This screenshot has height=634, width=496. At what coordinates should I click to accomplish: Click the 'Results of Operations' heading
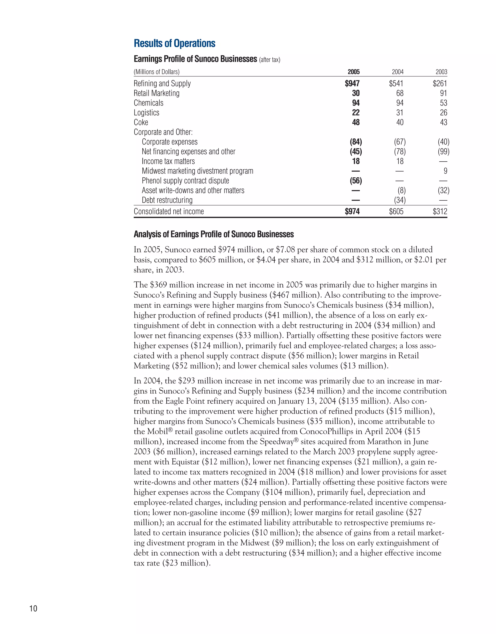(x=174, y=44)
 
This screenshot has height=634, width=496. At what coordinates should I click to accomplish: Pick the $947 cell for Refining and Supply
(x=352, y=83)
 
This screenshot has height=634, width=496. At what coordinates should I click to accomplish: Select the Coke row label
(x=141, y=122)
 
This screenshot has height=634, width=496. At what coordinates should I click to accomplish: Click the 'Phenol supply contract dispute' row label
(x=185, y=181)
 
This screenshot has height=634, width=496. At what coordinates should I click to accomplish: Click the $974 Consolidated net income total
(x=352, y=211)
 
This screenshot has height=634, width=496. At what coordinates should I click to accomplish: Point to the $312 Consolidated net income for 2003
(x=440, y=211)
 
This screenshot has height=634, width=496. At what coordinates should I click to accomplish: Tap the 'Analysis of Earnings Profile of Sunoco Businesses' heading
(x=214, y=234)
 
